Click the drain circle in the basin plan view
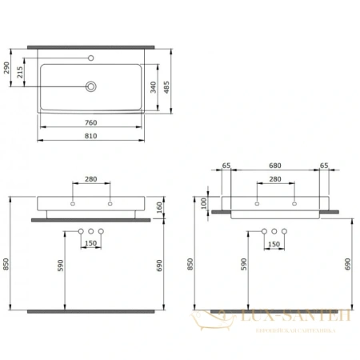(x=91, y=86)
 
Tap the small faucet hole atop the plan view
(x=91, y=58)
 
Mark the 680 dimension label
(x=274, y=167)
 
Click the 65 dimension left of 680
(x=226, y=167)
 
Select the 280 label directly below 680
(x=274, y=180)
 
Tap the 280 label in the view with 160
(x=91, y=180)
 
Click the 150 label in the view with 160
(x=91, y=242)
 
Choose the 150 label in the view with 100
(x=274, y=242)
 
